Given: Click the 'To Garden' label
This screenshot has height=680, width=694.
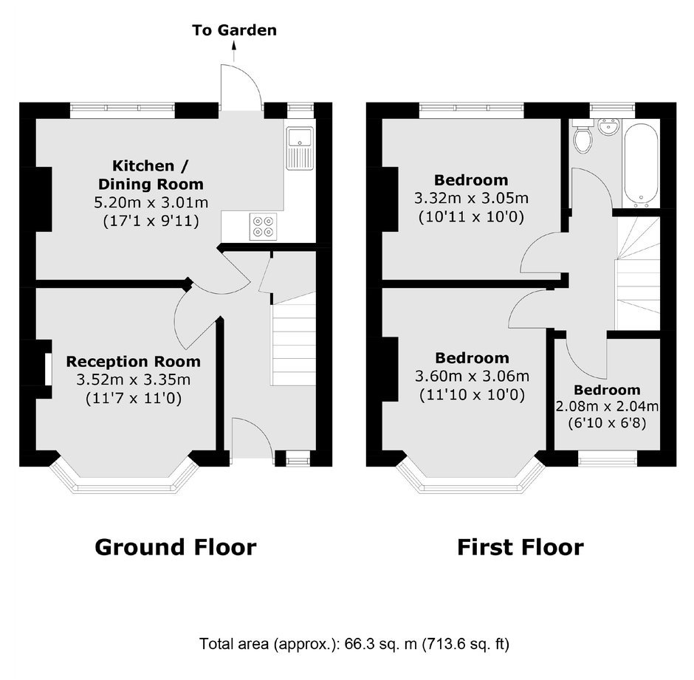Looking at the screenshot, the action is (x=234, y=30).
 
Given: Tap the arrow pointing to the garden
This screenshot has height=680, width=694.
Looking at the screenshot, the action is (x=234, y=51).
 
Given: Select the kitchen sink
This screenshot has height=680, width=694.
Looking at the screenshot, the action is (x=300, y=148).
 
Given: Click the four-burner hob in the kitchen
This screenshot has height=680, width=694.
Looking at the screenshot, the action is (x=263, y=227).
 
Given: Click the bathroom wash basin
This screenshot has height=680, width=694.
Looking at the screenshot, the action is (x=608, y=126).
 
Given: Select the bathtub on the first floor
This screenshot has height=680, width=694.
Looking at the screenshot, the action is (x=640, y=164).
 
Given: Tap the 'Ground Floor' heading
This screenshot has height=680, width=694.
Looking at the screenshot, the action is (x=176, y=547).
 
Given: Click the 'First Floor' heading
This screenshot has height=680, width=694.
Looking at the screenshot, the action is (x=520, y=547).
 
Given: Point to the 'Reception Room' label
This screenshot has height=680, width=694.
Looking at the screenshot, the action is (x=133, y=361).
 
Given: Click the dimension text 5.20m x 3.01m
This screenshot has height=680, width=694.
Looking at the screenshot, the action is (x=151, y=203).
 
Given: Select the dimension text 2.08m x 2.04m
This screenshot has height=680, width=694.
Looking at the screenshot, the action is (x=607, y=406).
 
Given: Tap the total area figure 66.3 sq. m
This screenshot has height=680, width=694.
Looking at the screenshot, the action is (x=381, y=643).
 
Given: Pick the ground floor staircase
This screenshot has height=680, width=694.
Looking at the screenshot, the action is (x=293, y=339).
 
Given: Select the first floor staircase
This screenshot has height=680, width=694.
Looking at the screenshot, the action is (x=637, y=273).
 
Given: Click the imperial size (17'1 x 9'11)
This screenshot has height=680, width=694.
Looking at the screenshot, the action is (x=151, y=221).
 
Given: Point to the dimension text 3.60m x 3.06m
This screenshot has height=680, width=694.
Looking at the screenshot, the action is (x=472, y=377).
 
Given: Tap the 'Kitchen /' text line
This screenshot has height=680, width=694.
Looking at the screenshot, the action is (x=151, y=165).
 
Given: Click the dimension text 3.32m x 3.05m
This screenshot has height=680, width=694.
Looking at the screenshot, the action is (x=471, y=198).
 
